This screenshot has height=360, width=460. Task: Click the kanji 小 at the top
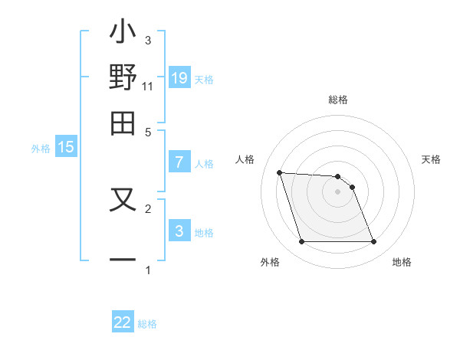pos(123,35)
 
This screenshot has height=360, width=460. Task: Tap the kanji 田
pos(123,123)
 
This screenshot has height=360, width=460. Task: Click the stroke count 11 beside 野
pos(148,87)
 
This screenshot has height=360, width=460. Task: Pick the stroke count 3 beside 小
pos(148,40)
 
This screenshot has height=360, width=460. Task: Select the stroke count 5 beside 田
pos(148,132)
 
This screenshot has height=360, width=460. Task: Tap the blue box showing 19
pos(179,77)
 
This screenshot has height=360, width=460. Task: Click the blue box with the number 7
pos(179,162)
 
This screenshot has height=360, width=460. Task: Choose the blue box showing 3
pos(179,231)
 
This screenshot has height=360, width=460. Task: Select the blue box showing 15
pos(66,147)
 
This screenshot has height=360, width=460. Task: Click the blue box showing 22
pos(123,322)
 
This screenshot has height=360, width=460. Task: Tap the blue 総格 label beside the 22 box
pos(147,324)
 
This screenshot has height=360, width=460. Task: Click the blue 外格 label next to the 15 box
pos(41,149)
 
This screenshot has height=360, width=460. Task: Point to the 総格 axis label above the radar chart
pos(338,100)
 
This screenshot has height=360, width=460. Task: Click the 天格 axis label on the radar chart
pos(432,159)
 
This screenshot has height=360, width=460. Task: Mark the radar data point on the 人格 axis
pos(280,172)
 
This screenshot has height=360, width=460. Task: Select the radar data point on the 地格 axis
pos(373,242)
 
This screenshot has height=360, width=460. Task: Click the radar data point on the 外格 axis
pos(301,242)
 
